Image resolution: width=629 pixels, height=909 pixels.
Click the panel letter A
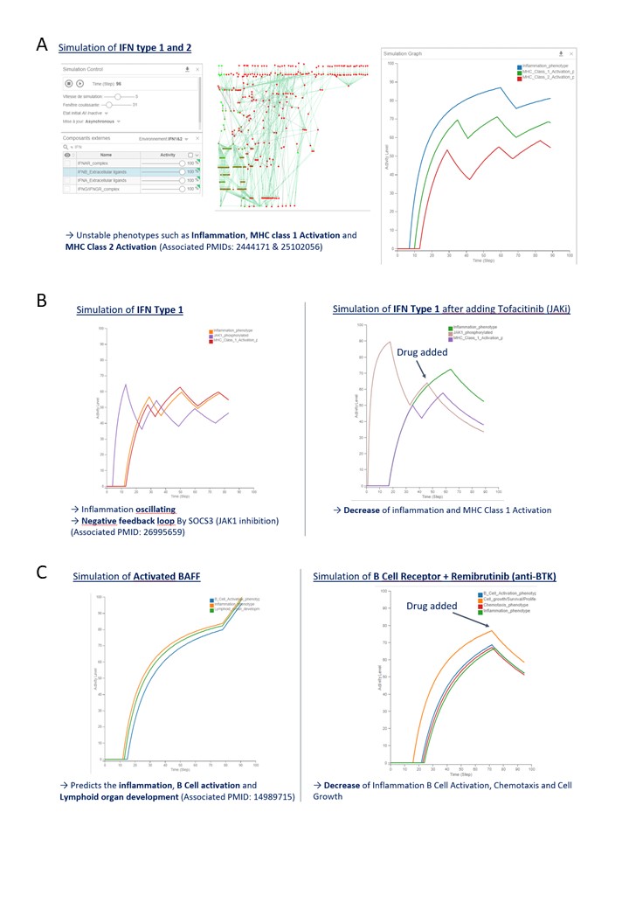click(x=41, y=45)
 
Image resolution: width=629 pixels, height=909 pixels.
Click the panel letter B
click(x=41, y=301)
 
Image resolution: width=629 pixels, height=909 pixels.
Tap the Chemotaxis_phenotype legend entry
click(x=503, y=603)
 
